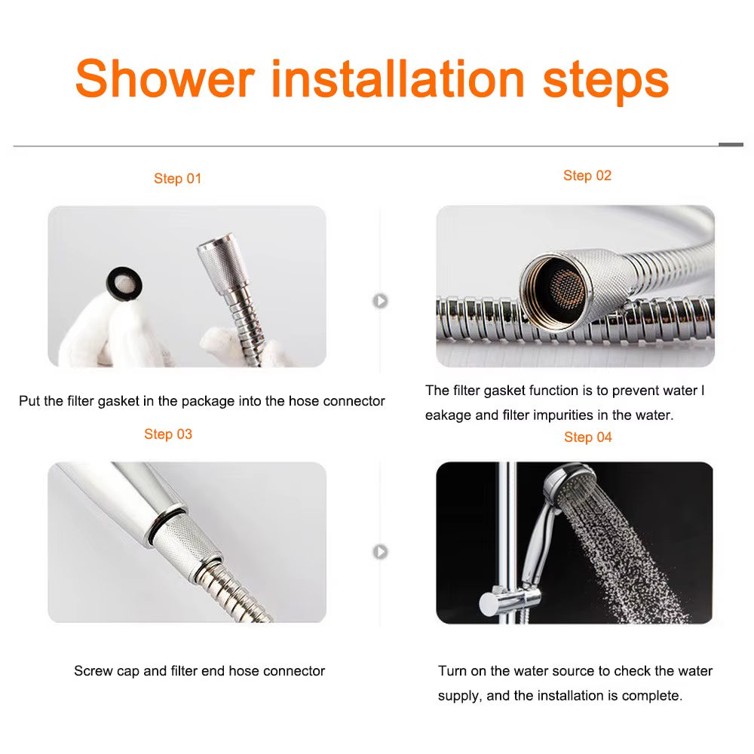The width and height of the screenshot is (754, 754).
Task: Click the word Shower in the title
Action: click(x=165, y=78)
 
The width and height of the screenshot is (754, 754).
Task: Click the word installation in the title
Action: click(x=398, y=78)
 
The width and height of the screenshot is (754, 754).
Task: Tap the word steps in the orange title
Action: click(x=605, y=78)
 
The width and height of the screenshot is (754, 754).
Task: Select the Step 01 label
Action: click(x=178, y=179)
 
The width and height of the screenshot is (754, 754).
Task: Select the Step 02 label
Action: click(x=587, y=176)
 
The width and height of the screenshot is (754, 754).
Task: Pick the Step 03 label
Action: click(x=168, y=434)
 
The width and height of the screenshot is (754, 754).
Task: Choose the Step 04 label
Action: click(x=588, y=437)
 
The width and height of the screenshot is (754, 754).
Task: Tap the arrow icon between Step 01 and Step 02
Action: click(x=381, y=301)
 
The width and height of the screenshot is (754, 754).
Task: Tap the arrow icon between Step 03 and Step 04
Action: click(x=381, y=552)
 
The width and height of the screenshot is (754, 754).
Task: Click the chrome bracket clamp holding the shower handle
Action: click(x=512, y=599)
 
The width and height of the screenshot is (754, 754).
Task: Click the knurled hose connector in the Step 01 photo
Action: click(x=219, y=268)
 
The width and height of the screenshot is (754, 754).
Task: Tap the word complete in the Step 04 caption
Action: click(x=654, y=696)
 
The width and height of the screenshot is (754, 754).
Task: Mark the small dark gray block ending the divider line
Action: click(x=731, y=144)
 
